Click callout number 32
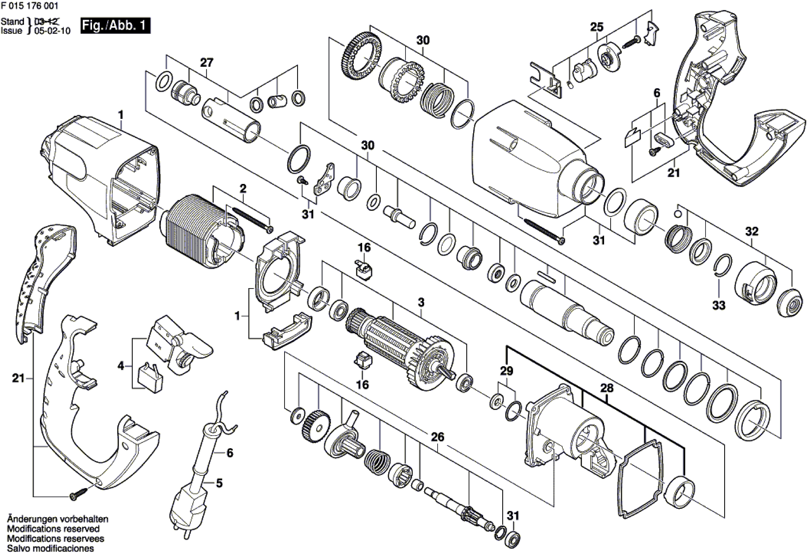[x=752, y=231]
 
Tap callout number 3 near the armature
[x=421, y=302]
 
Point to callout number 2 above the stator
[x=243, y=189]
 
